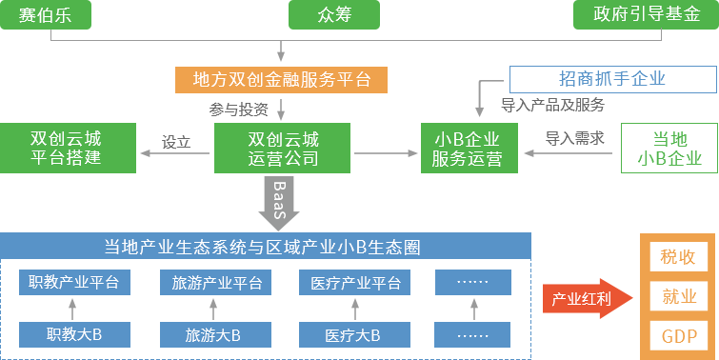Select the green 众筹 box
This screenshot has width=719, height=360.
334,14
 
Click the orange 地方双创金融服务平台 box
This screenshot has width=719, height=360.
282,79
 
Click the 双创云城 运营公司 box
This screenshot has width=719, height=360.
283,148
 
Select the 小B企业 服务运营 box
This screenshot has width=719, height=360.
467,148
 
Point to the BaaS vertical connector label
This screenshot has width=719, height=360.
280,201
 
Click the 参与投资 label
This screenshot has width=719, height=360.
239,108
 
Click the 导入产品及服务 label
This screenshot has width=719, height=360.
553,105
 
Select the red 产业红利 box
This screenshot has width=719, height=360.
581,299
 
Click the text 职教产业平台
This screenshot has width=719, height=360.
73,283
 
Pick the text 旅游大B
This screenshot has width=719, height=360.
212,335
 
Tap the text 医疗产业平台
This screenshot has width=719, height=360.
355,283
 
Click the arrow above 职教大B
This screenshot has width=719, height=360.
73,309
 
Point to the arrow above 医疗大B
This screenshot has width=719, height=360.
355,309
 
